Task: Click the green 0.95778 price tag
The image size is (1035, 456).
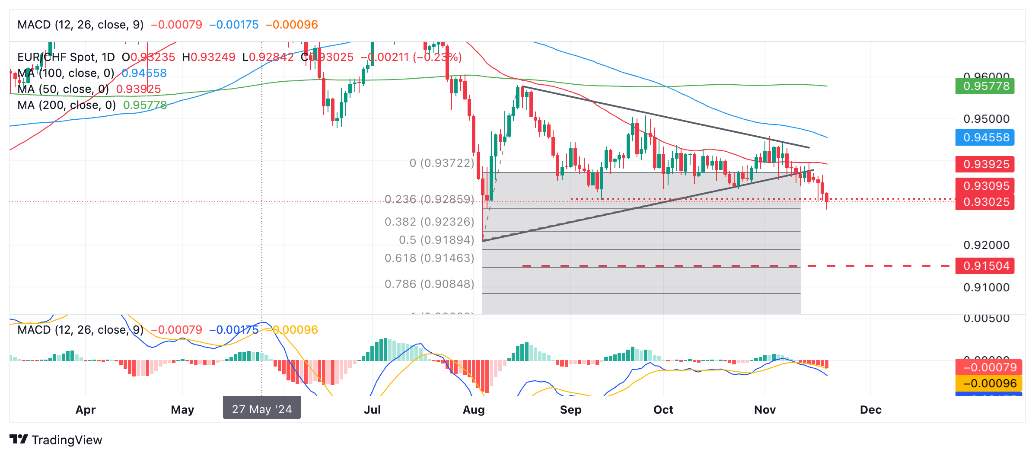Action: click(984, 86)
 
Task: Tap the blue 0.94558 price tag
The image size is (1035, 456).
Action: click(984, 137)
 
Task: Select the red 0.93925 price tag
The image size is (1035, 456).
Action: click(984, 164)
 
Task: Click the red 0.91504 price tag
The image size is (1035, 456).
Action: click(984, 265)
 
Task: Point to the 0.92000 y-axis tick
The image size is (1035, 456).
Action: click(986, 245)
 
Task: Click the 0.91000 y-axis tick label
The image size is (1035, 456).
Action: click(986, 287)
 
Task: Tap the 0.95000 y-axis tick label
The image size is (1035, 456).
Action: click(986, 119)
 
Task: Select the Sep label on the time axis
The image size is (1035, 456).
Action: click(570, 410)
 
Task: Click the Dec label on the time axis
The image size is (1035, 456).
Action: click(870, 410)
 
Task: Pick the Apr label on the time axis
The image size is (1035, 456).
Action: click(86, 410)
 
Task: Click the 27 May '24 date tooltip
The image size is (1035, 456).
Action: click(261, 409)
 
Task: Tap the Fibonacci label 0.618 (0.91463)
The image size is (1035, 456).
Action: click(429, 258)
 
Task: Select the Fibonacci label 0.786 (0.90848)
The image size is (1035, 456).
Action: click(429, 284)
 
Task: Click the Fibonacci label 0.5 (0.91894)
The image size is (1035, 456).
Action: click(436, 240)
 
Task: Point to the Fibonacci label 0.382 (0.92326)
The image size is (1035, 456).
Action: click(429, 222)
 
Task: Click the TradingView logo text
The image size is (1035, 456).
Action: click(67, 440)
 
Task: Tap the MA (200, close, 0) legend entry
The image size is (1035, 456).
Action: click(67, 105)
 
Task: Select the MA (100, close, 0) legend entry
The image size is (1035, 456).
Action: click(66, 73)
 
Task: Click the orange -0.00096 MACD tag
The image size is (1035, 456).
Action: click(989, 383)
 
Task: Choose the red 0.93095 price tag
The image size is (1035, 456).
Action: click(984, 186)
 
